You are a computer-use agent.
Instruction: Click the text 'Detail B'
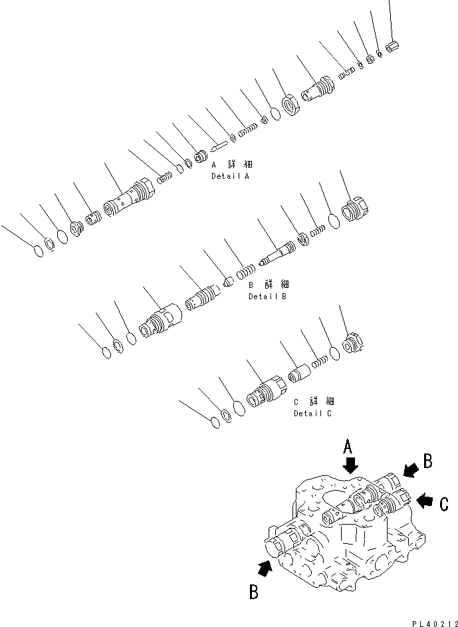coord(267,297)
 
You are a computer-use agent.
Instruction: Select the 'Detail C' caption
coord(313,414)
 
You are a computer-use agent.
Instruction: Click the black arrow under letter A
coord(351,464)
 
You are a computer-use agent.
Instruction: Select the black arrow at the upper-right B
coord(410,471)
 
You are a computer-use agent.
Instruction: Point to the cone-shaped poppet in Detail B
coord(227,281)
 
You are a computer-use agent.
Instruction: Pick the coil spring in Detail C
coord(320,361)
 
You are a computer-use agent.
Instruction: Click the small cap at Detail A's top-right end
coord(392,48)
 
